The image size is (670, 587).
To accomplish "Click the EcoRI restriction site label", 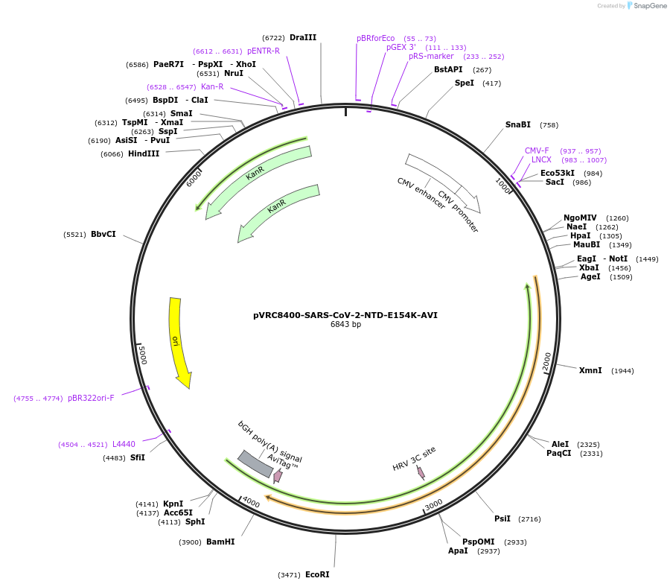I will click(317, 574).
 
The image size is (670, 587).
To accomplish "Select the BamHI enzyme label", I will click(220, 542).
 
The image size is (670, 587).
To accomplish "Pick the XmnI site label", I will click(590, 370).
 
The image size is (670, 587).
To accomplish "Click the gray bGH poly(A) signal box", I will click(255, 463).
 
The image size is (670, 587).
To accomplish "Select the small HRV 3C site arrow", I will click(421, 472).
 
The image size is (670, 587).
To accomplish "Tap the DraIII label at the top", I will click(303, 37).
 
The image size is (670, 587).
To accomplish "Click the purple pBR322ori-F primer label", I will click(91, 398).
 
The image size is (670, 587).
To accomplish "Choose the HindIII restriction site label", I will click(144, 153).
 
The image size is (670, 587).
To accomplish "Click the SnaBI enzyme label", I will click(518, 124).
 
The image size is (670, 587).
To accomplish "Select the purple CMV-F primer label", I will click(537, 150).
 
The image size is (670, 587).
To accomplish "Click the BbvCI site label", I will click(103, 234).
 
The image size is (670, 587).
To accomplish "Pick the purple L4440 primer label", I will click(124, 444).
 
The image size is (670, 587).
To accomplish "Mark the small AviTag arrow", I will click(278, 475).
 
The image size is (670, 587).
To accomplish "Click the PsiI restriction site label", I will click(502, 518).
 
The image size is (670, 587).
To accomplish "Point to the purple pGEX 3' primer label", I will click(401, 47).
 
